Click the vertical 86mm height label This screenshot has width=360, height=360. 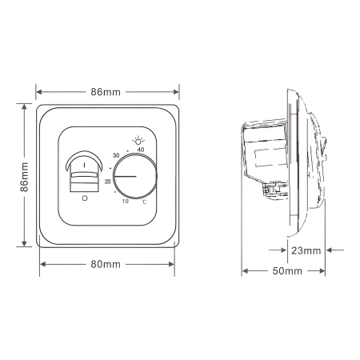(x=25, y=176)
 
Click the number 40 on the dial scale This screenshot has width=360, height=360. (x=142, y=150)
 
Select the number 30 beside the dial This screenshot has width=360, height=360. (x=116, y=154)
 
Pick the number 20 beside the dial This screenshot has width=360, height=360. (x=107, y=181)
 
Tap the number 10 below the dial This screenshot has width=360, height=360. (x=125, y=202)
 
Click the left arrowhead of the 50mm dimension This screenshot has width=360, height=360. (x=245, y=271)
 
